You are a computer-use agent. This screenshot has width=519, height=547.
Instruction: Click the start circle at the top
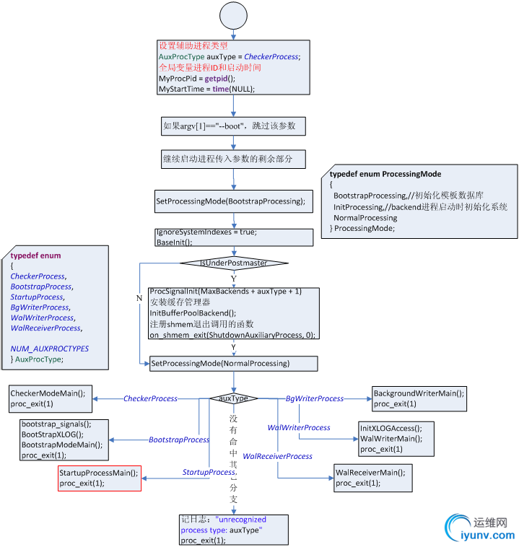(233, 15)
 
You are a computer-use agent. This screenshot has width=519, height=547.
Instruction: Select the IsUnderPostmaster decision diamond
(233, 263)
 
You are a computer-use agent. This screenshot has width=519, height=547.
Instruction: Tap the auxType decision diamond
(233, 398)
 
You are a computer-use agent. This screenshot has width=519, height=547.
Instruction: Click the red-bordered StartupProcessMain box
(100, 478)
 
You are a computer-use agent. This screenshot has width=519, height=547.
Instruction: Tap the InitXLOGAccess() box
(396, 439)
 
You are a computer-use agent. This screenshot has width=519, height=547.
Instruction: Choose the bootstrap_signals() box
(64, 439)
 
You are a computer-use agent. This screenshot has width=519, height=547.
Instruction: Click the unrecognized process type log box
(233, 530)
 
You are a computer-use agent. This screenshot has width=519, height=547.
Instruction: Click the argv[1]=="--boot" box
(233, 126)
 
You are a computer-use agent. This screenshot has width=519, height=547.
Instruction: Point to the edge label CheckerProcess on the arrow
(150, 398)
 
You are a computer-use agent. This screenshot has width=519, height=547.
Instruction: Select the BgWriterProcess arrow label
(315, 398)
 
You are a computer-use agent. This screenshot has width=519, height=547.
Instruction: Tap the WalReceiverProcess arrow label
(277, 456)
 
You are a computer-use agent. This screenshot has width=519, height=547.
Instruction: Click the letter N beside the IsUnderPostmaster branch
(139, 297)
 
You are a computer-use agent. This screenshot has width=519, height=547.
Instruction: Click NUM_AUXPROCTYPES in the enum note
(50, 349)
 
